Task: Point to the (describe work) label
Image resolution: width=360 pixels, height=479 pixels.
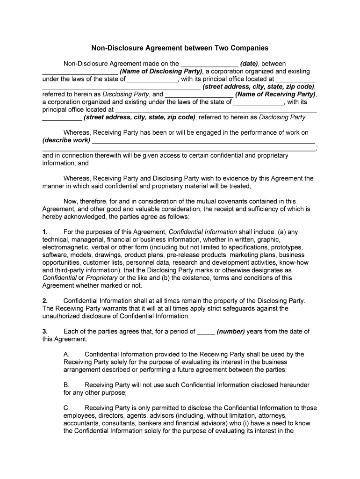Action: click(66, 140)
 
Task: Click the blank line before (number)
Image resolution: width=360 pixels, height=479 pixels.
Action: click(206, 332)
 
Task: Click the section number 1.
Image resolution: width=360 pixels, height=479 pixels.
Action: click(45, 232)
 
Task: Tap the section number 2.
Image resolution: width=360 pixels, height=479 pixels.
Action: click(45, 301)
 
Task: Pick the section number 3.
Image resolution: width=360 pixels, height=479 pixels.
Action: click(45, 331)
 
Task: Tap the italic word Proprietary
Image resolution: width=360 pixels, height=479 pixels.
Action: click(101, 277)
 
